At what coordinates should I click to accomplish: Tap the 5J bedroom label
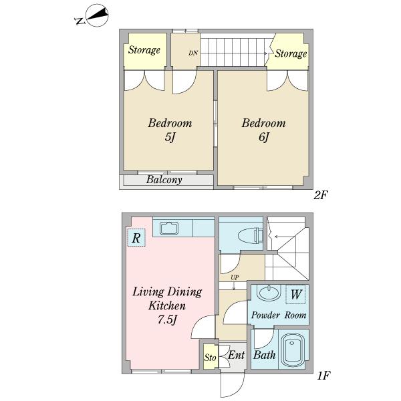pyautogui.click(x=170, y=130)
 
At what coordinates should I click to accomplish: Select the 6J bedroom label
pyautogui.click(x=264, y=130)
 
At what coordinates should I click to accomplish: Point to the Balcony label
pyautogui.click(x=164, y=180)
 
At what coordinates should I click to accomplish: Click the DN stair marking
pyautogui.click(x=193, y=53)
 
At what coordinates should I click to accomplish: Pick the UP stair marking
pyautogui.click(x=235, y=277)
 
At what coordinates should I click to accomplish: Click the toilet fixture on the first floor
pyautogui.click(x=251, y=235)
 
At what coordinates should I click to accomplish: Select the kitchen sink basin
pyautogui.click(x=169, y=228)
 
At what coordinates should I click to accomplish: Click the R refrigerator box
pyautogui.click(x=136, y=237)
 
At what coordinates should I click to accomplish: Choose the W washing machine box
pyautogui.click(x=295, y=294)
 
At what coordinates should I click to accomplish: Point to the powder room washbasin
pyautogui.click(x=269, y=293)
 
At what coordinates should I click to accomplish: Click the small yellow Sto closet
pyautogui.click(x=210, y=356)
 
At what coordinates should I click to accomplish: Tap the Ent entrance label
pyautogui.click(x=237, y=355)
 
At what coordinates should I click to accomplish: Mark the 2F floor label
pyautogui.click(x=321, y=195)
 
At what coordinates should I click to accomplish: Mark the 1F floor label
pyautogui.click(x=323, y=376)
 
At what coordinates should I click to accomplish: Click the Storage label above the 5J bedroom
pyautogui.click(x=144, y=50)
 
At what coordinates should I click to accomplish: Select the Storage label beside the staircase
pyautogui.click(x=291, y=53)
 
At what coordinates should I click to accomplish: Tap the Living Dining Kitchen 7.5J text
pyautogui.click(x=167, y=306)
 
